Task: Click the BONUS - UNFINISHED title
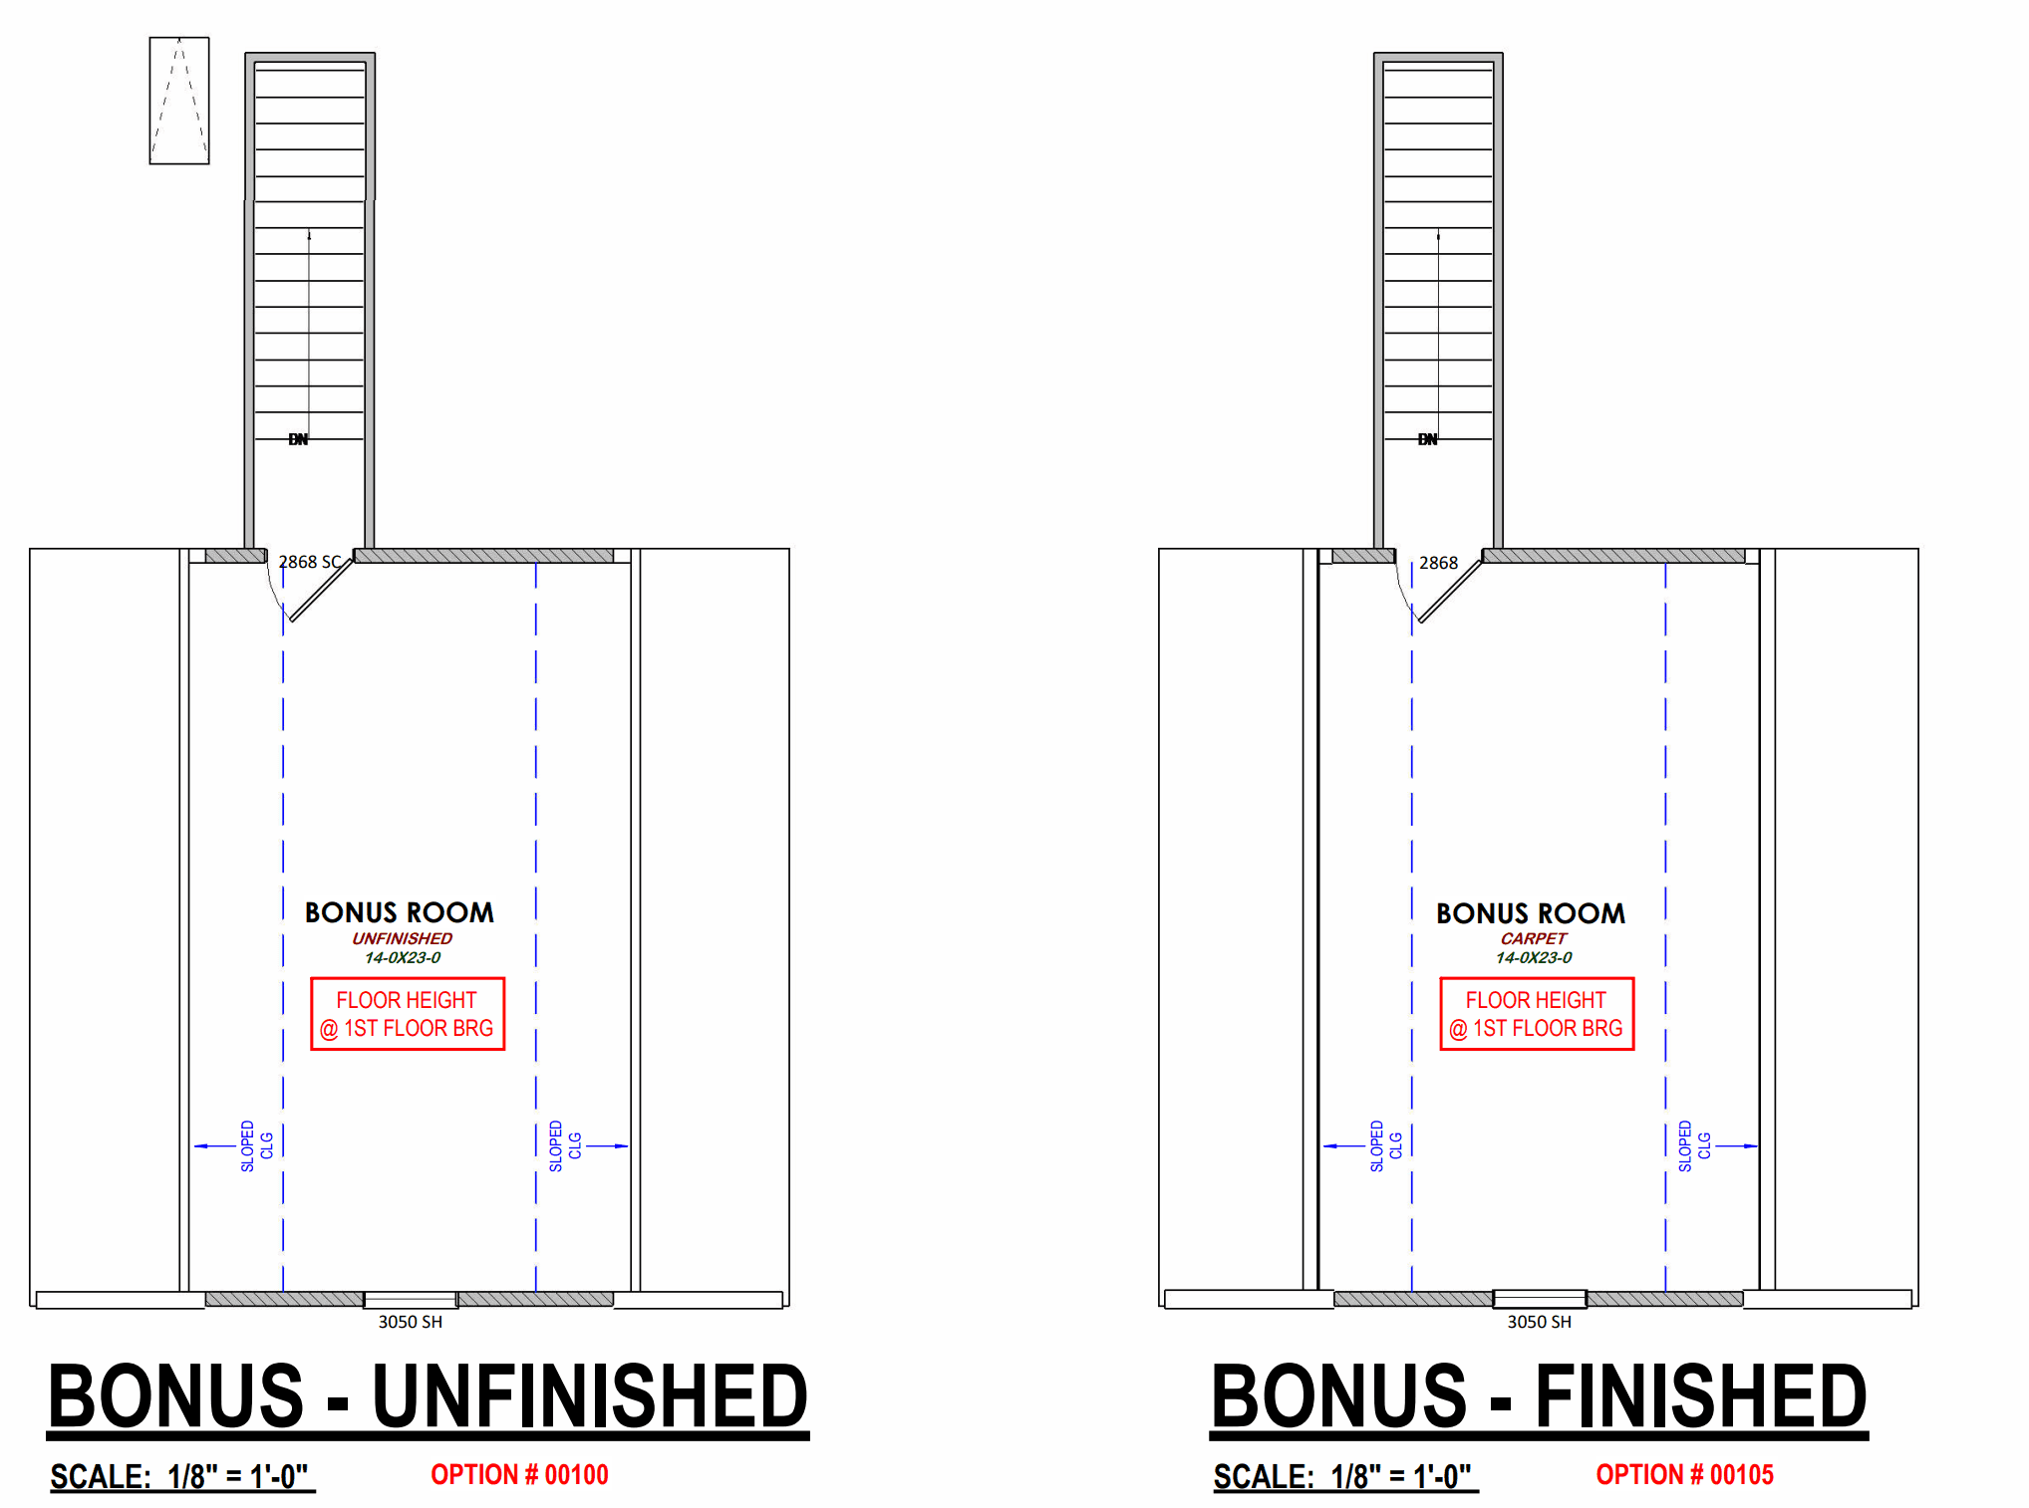tap(428, 1396)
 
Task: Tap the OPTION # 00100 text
tap(519, 1475)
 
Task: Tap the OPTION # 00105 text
tap(1684, 1475)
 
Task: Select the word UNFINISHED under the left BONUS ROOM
tap(402, 938)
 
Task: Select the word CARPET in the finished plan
tap(1533, 938)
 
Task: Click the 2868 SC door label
tap(309, 563)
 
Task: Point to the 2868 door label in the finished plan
tap(1438, 563)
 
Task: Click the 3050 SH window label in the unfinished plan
tap(410, 1322)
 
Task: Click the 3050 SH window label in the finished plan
tap(1539, 1322)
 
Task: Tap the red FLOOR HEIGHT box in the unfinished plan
tap(408, 1014)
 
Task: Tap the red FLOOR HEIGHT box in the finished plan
tap(1537, 1014)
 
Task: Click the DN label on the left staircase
tap(298, 439)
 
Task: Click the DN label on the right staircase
tap(1427, 439)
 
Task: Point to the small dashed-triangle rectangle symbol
tap(179, 101)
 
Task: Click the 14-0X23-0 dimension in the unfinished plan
tap(402, 958)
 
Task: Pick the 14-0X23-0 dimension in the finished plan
tap(1533, 958)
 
